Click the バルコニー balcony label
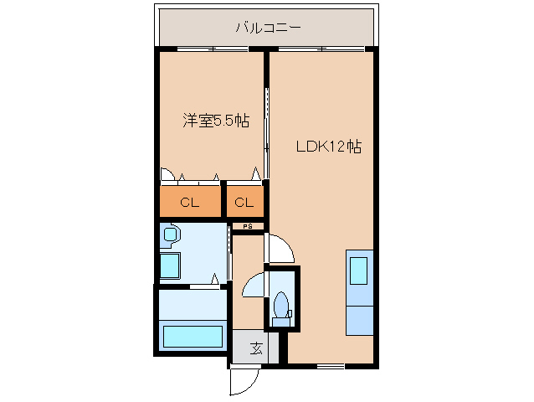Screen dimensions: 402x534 (268, 28)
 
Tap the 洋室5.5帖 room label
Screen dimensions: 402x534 (216, 121)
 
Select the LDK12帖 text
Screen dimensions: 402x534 (328, 146)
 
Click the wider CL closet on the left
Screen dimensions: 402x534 (190, 203)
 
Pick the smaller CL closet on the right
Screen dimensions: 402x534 (244, 203)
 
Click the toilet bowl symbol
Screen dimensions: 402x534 (281, 305)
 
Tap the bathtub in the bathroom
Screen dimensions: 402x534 (193, 337)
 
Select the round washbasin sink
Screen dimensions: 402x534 (172, 235)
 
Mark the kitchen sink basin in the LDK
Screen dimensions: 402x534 (359, 271)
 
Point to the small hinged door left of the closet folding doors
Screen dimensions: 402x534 (167, 175)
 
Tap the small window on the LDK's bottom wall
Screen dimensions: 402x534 (331, 366)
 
